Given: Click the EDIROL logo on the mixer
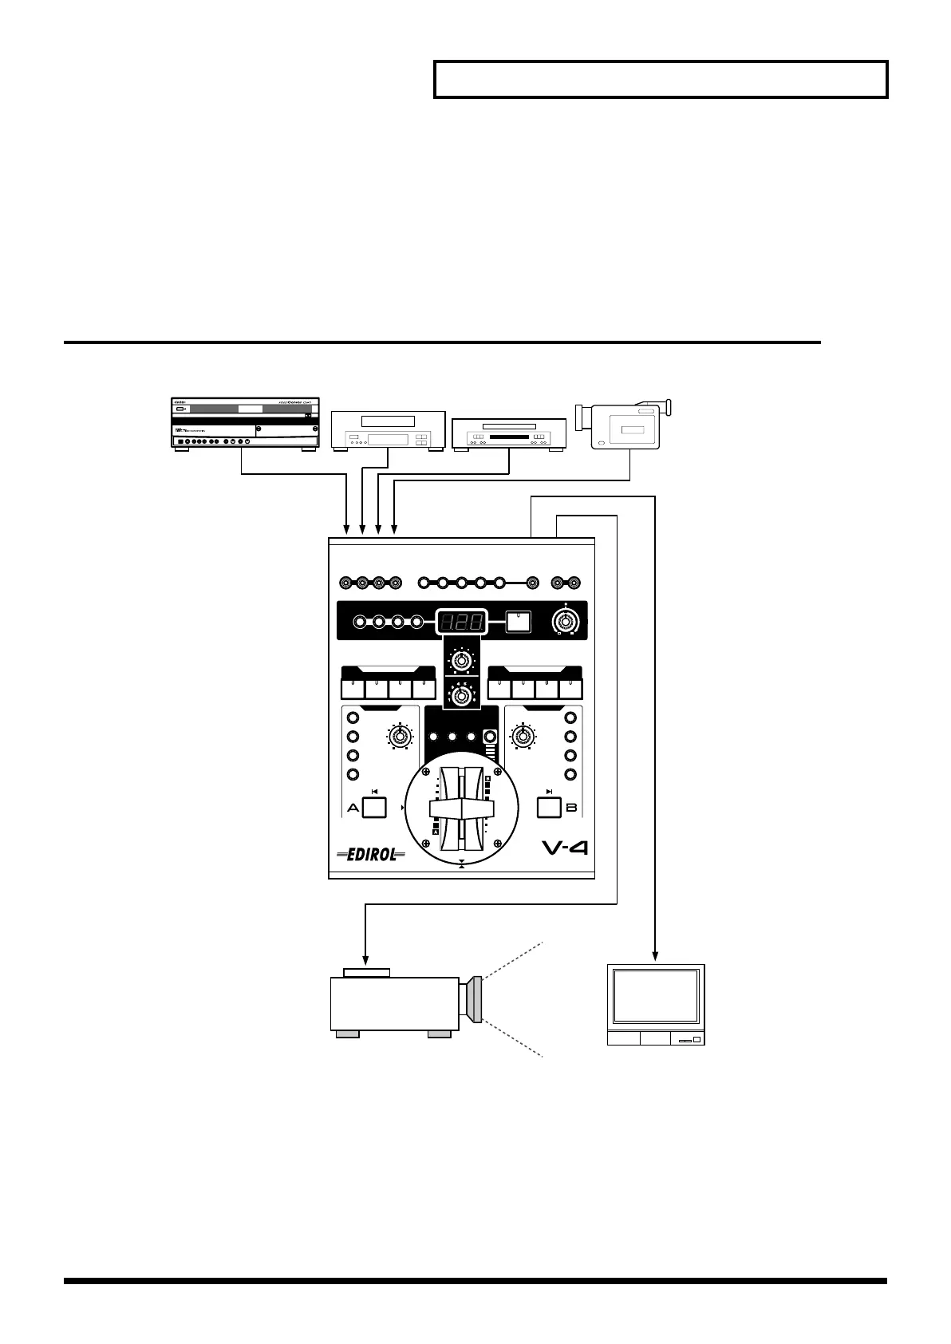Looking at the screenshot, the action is pyautogui.click(x=371, y=855).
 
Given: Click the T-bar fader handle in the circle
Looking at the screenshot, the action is pyautogui.click(x=461, y=808).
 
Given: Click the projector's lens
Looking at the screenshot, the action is pyautogui.click(x=475, y=998).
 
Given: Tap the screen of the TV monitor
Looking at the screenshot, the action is pyautogui.click(x=655, y=997).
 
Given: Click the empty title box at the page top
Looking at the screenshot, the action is pyautogui.click(x=661, y=79).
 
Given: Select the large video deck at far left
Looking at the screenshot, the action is pyautogui.click(x=246, y=423).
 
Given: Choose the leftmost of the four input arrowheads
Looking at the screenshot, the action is pyautogui.click(x=345, y=529).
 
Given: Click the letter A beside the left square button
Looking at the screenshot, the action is pyautogui.click(x=353, y=808).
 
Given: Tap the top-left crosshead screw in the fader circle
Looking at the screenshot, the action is pyautogui.click(x=425, y=772).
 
